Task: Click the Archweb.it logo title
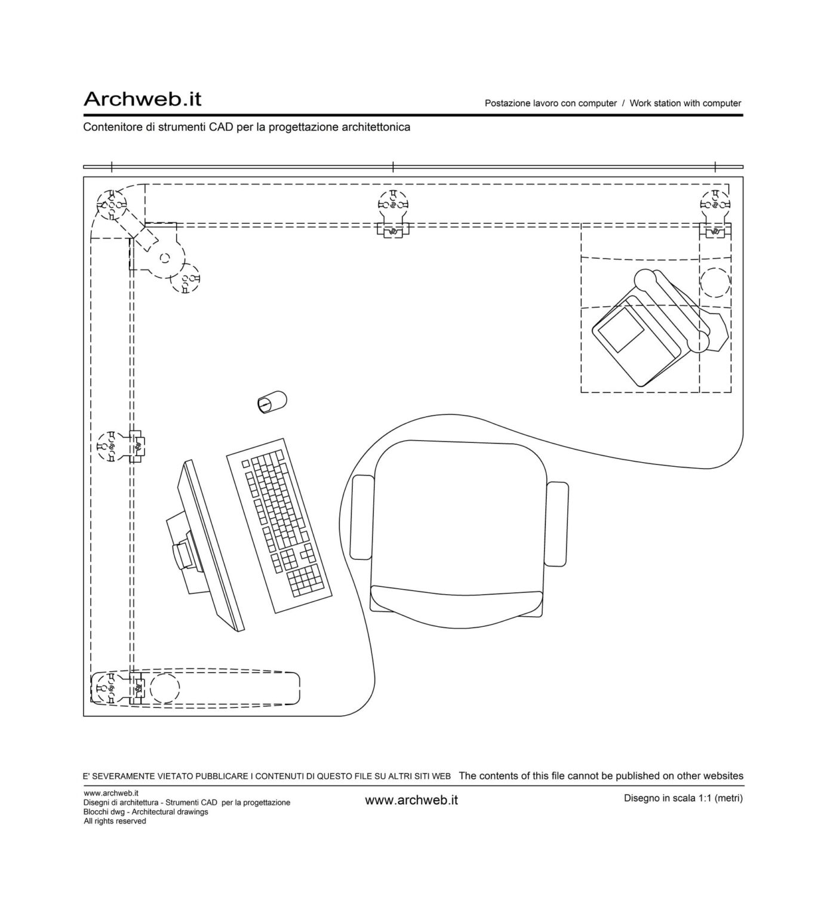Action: [142, 99]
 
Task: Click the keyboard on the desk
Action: [279, 525]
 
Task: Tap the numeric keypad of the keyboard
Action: [308, 581]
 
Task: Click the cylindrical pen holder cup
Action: [272, 402]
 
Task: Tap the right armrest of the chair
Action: [558, 524]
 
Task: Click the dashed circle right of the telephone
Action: [715, 283]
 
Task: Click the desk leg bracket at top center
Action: [392, 229]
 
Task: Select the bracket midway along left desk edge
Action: [138, 445]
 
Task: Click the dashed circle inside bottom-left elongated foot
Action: [164, 688]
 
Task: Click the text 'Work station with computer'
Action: [685, 103]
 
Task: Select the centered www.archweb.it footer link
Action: [411, 800]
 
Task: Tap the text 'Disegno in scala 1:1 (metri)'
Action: [682, 798]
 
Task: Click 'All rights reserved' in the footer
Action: [115, 821]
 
